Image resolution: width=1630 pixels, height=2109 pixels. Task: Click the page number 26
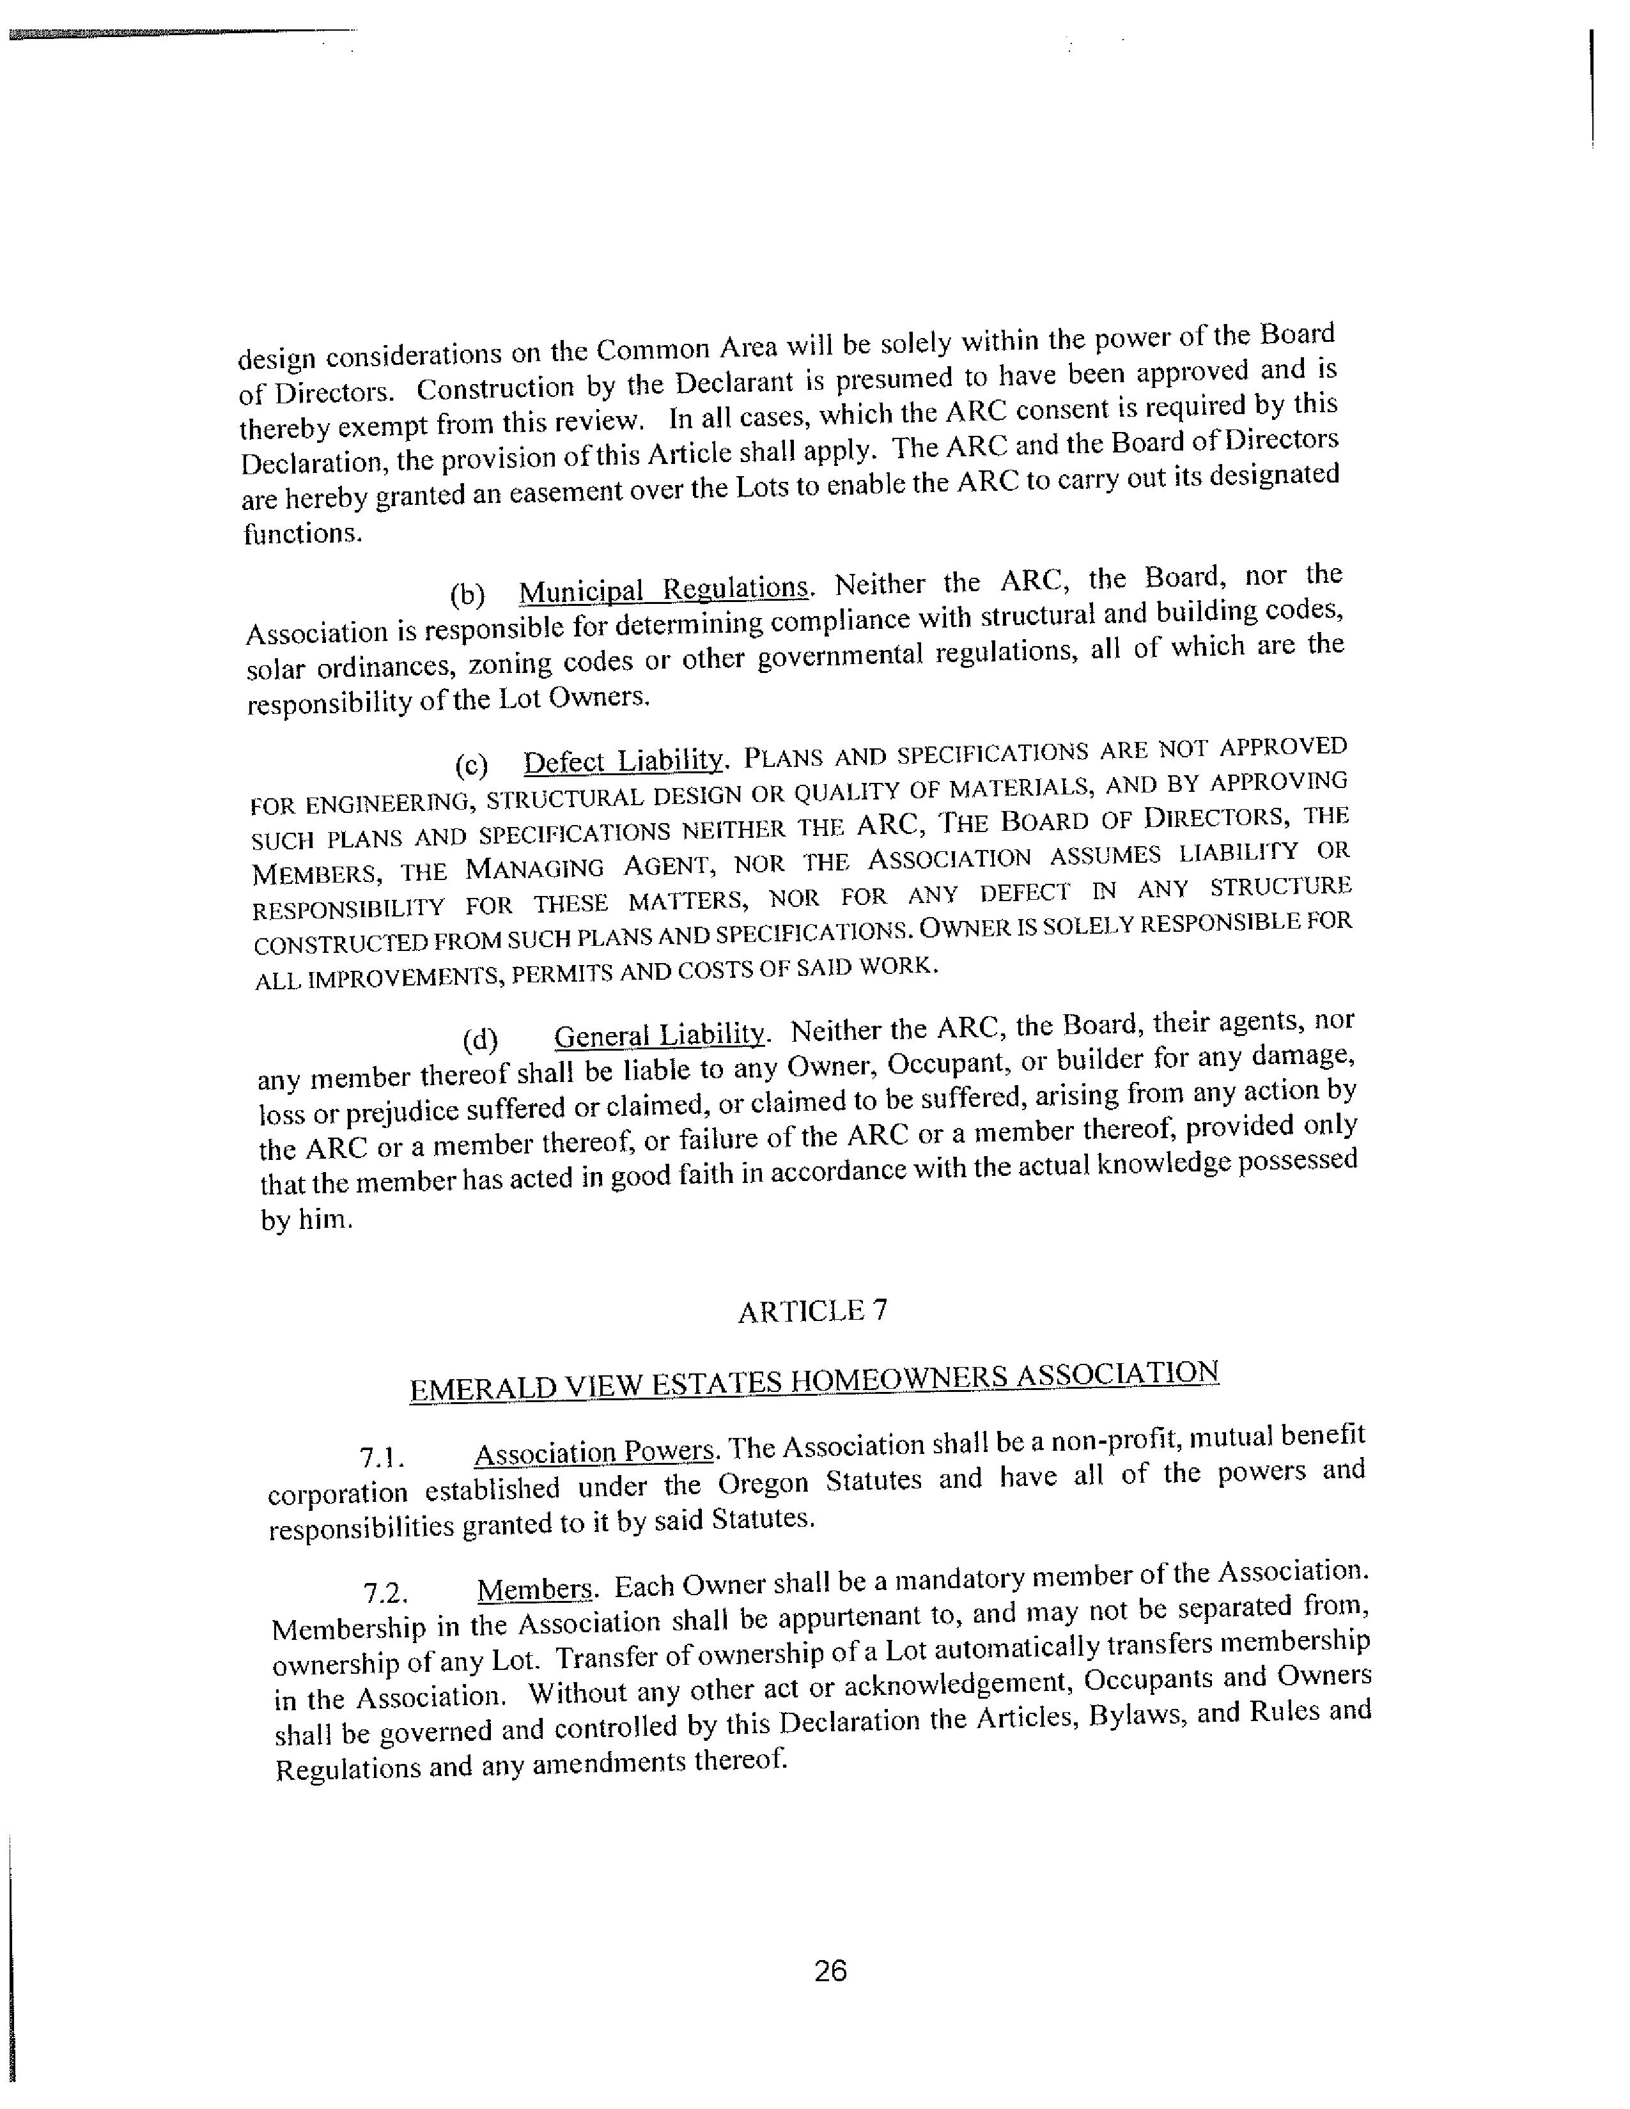click(x=830, y=1970)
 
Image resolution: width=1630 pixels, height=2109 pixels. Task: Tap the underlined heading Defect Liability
click(x=624, y=761)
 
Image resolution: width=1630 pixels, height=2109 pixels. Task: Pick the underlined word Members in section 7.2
click(x=536, y=1589)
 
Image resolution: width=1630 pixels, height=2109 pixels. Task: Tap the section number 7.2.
click(x=384, y=1593)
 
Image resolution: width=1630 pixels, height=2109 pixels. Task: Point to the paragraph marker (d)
click(x=480, y=1040)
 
